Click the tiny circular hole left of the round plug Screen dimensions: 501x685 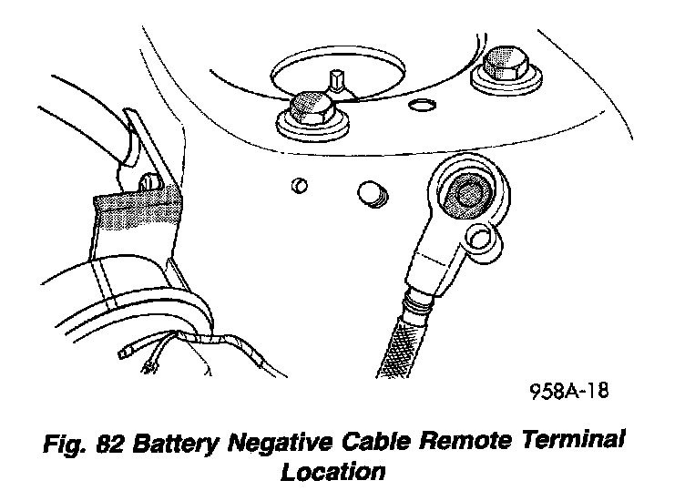(x=299, y=188)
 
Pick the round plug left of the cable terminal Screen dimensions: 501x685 (x=371, y=192)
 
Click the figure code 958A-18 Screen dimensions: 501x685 (x=569, y=393)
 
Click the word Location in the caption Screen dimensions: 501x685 (x=334, y=472)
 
